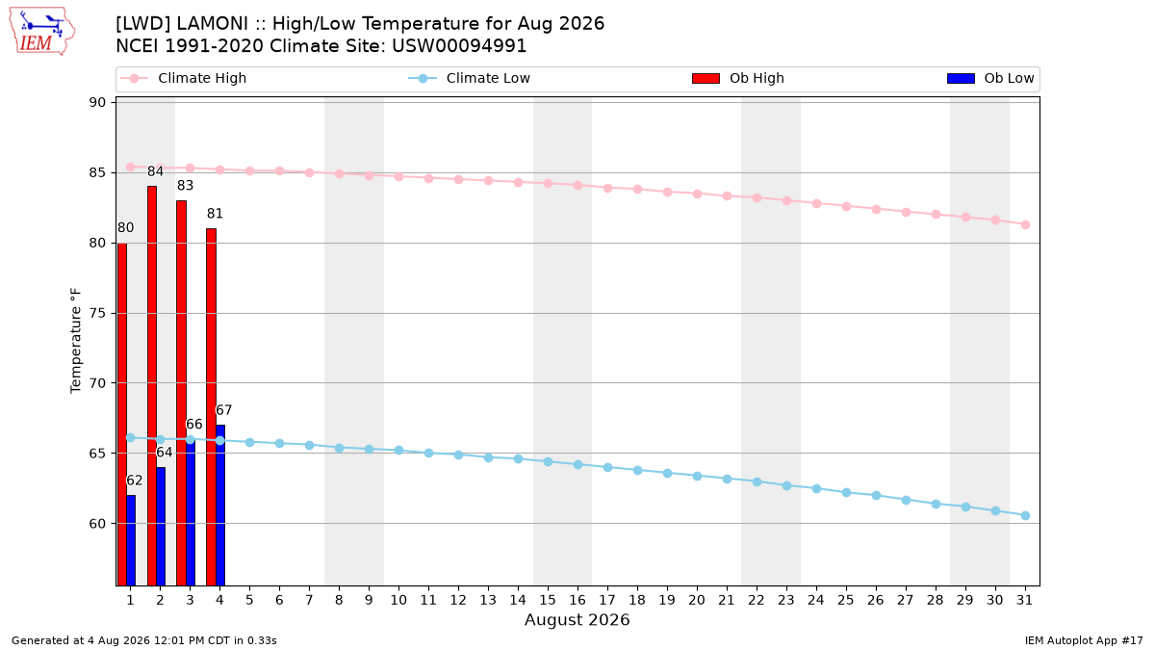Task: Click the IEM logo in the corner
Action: coord(41,32)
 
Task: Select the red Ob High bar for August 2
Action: coord(152,386)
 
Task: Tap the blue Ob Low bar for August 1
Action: coord(131,540)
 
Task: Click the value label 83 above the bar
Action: coord(185,186)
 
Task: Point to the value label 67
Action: coord(223,410)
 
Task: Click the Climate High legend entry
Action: coord(184,78)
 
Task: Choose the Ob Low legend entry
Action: coord(990,78)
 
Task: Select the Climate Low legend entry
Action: coord(470,78)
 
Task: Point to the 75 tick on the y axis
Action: coord(97,313)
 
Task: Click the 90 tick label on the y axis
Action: coord(97,102)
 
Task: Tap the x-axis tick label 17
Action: coord(607,600)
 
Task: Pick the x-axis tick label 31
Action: coord(1024,600)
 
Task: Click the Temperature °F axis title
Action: coord(76,341)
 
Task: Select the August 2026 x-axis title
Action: coord(577,619)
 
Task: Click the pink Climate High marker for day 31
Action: coord(1025,225)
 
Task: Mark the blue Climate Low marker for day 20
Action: coord(697,476)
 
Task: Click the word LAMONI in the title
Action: coord(213,24)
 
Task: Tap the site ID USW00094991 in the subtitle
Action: coord(459,46)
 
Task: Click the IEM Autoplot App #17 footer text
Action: coord(1084,640)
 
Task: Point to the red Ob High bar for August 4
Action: coord(211,407)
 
